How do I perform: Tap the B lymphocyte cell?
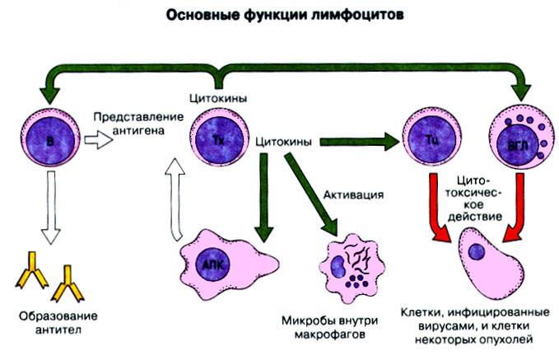(51, 141)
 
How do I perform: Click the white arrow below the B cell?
(51, 211)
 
